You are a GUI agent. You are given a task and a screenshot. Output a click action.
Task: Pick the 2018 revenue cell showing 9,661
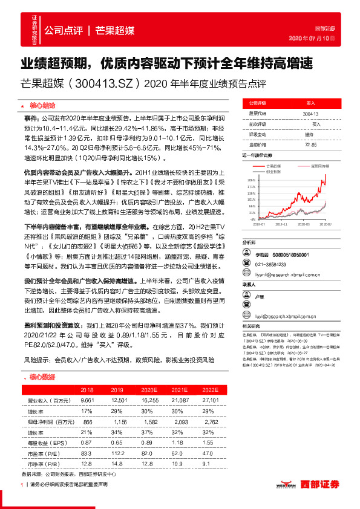(x=88, y=400)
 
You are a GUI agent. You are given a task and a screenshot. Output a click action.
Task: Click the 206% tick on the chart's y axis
(x=249, y=180)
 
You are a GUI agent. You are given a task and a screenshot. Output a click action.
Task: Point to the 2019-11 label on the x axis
(x=281, y=223)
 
